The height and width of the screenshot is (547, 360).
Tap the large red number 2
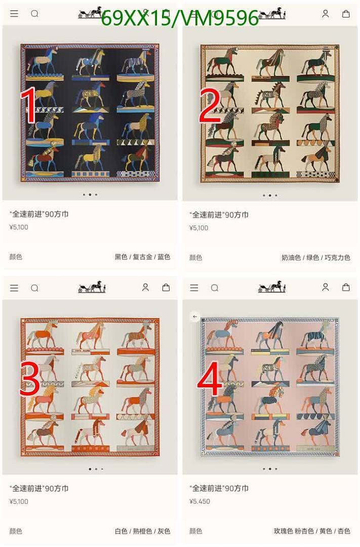click(x=210, y=105)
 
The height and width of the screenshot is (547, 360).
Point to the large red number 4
click(x=210, y=379)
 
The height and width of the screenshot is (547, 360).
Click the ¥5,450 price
click(x=199, y=501)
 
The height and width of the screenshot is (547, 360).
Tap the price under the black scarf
click(x=19, y=227)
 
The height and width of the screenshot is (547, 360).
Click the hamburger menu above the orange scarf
click(x=14, y=288)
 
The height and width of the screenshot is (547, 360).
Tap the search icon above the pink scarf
click(x=215, y=288)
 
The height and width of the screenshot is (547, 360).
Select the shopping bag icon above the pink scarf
click(x=346, y=287)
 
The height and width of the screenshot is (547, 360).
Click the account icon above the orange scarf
click(x=145, y=287)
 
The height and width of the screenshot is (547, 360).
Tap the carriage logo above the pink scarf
click(x=272, y=287)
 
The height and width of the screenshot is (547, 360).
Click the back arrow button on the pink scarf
click(x=195, y=317)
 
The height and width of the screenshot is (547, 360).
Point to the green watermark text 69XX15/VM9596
click(x=180, y=19)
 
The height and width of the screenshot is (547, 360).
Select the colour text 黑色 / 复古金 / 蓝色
click(x=142, y=257)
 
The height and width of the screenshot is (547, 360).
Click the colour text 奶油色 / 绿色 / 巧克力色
click(x=316, y=257)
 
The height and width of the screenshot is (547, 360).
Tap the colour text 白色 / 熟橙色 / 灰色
click(x=142, y=531)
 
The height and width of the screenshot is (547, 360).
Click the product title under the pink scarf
click(x=219, y=488)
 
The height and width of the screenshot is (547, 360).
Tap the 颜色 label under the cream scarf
click(x=195, y=257)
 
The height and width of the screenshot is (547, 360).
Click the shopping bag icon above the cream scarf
click(x=346, y=14)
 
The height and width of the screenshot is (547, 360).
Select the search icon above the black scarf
click(x=34, y=14)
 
